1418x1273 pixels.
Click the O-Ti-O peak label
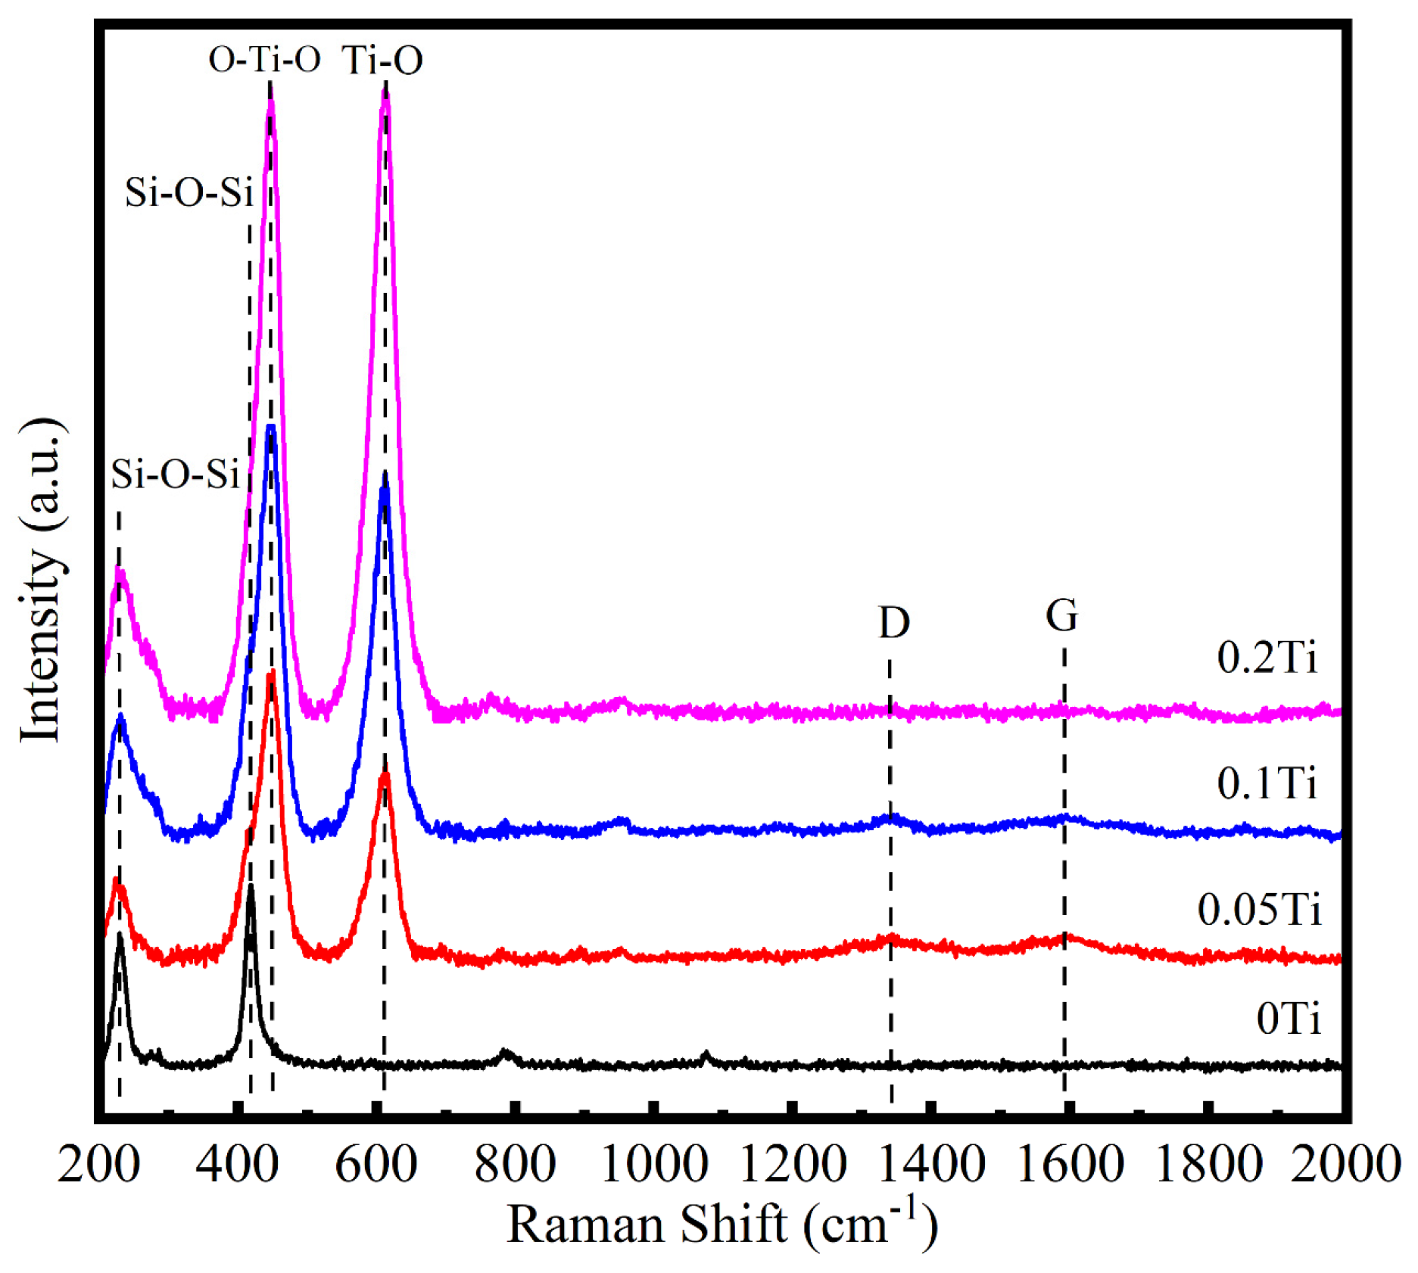click(x=264, y=60)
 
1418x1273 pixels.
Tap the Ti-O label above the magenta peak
click(x=382, y=60)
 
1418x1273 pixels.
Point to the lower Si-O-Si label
click(x=175, y=475)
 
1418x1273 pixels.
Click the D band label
click(x=893, y=623)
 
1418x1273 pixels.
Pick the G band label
click(x=1061, y=615)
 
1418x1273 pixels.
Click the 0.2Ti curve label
click(x=1267, y=657)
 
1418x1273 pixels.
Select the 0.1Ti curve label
click(x=1267, y=783)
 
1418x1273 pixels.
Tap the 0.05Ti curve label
click(x=1259, y=909)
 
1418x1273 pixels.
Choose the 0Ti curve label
click(x=1288, y=1018)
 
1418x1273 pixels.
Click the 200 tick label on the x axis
click(x=98, y=1164)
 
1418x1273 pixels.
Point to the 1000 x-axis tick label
click(x=654, y=1164)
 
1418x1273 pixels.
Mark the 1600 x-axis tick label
click(x=1070, y=1164)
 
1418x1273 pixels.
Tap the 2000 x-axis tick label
click(x=1345, y=1164)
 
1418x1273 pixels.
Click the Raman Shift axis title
click(x=721, y=1225)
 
